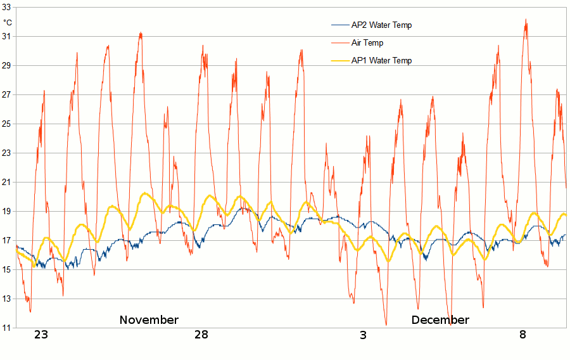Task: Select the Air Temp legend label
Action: pos(367,43)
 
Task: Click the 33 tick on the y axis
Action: pos(7,8)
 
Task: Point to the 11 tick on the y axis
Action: pos(7,328)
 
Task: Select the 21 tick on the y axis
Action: pos(7,183)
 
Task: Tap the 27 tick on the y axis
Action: pos(7,95)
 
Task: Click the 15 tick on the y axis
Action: pos(7,270)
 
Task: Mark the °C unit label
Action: pos(8,22)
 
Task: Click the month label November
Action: pos(149,320)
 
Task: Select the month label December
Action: pos(440,320)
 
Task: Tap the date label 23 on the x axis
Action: pos(41,335)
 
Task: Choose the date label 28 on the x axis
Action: pos(201,335)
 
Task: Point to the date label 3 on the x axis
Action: pos(363,335)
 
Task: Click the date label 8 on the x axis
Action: pos(522,335)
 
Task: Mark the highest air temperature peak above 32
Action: pos(526,20)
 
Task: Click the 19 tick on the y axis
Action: pos(7,212)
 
